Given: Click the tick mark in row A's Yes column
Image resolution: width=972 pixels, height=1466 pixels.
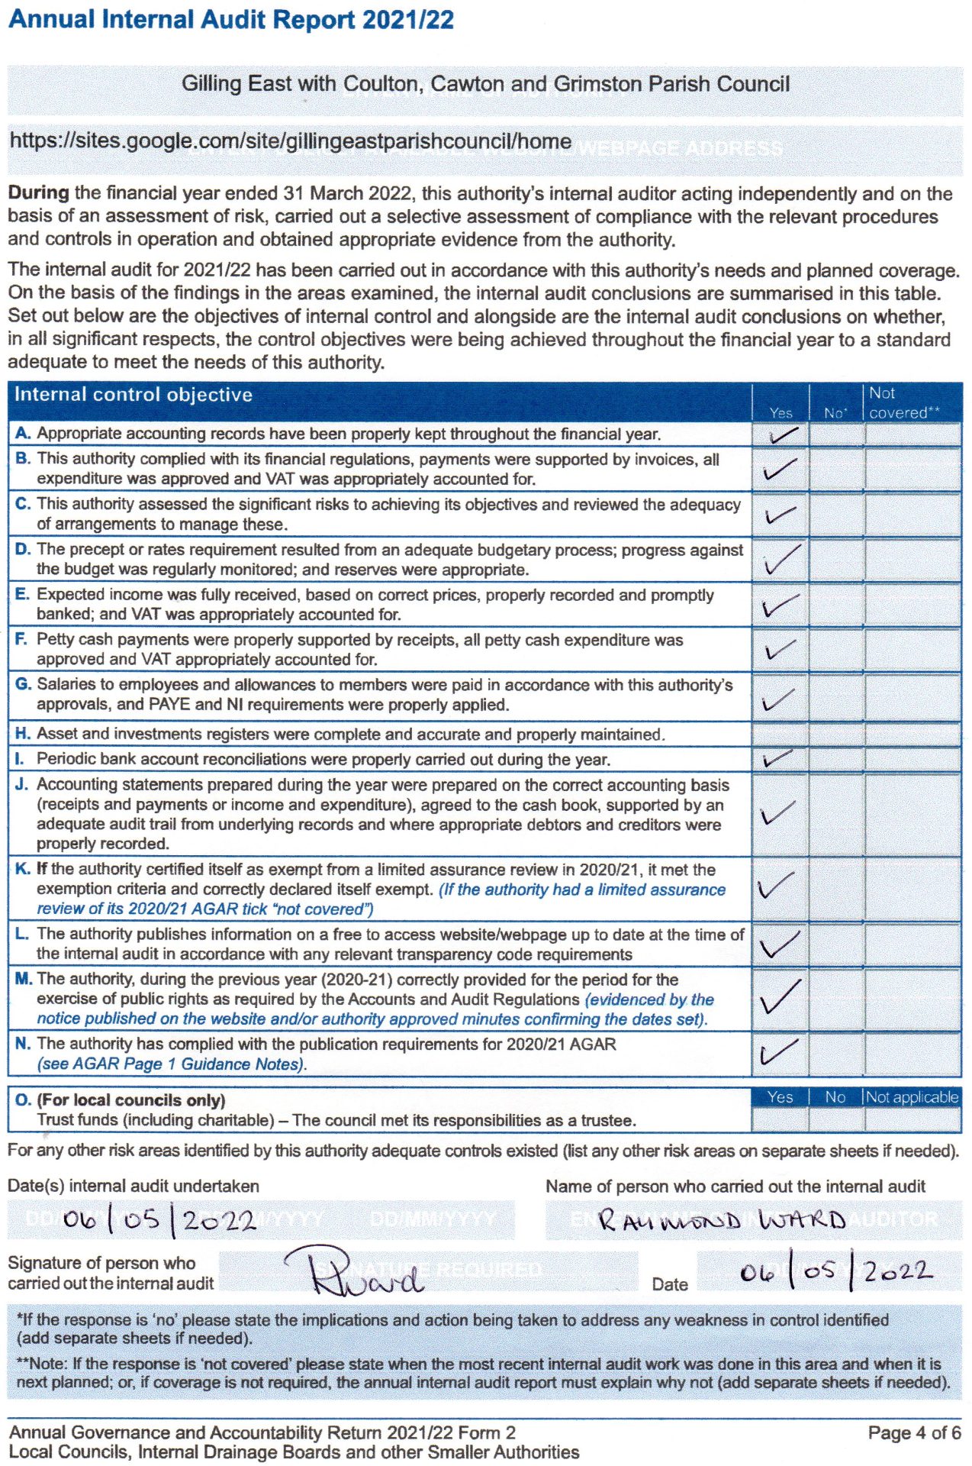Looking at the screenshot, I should tap(782, 435).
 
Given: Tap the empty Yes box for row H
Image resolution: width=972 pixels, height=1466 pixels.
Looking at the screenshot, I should tap(780, 735).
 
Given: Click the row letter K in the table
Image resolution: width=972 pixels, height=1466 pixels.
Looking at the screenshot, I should tap(22, 869).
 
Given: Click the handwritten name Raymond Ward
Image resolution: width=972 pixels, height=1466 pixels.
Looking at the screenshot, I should tap(721, 1219).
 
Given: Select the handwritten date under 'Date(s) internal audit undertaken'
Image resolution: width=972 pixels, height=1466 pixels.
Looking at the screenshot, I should tap(159, 1219).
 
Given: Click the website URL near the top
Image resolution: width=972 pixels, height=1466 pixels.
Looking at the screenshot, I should tap(290, 141).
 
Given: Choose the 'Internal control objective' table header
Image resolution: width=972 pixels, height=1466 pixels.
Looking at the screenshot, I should tap(134, 395).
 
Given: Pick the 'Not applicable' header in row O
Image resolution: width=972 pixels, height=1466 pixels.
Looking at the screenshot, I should tap(912, 1097).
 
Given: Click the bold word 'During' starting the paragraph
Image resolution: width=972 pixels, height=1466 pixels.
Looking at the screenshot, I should tap(38, 193).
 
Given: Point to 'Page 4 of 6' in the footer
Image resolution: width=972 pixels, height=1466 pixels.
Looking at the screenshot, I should tap(914, 1432).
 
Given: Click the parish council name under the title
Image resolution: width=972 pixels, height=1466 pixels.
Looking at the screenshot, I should tap(485, 84).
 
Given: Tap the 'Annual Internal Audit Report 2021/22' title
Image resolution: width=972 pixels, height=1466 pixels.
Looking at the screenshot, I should tap(230, 20).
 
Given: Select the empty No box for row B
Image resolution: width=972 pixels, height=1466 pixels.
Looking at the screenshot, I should tap(836, 469).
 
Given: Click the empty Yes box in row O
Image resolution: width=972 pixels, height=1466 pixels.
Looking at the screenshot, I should tap(780, 1119).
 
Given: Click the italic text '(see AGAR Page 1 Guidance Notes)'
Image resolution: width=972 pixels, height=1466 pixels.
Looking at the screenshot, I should tap(172, 1064).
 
